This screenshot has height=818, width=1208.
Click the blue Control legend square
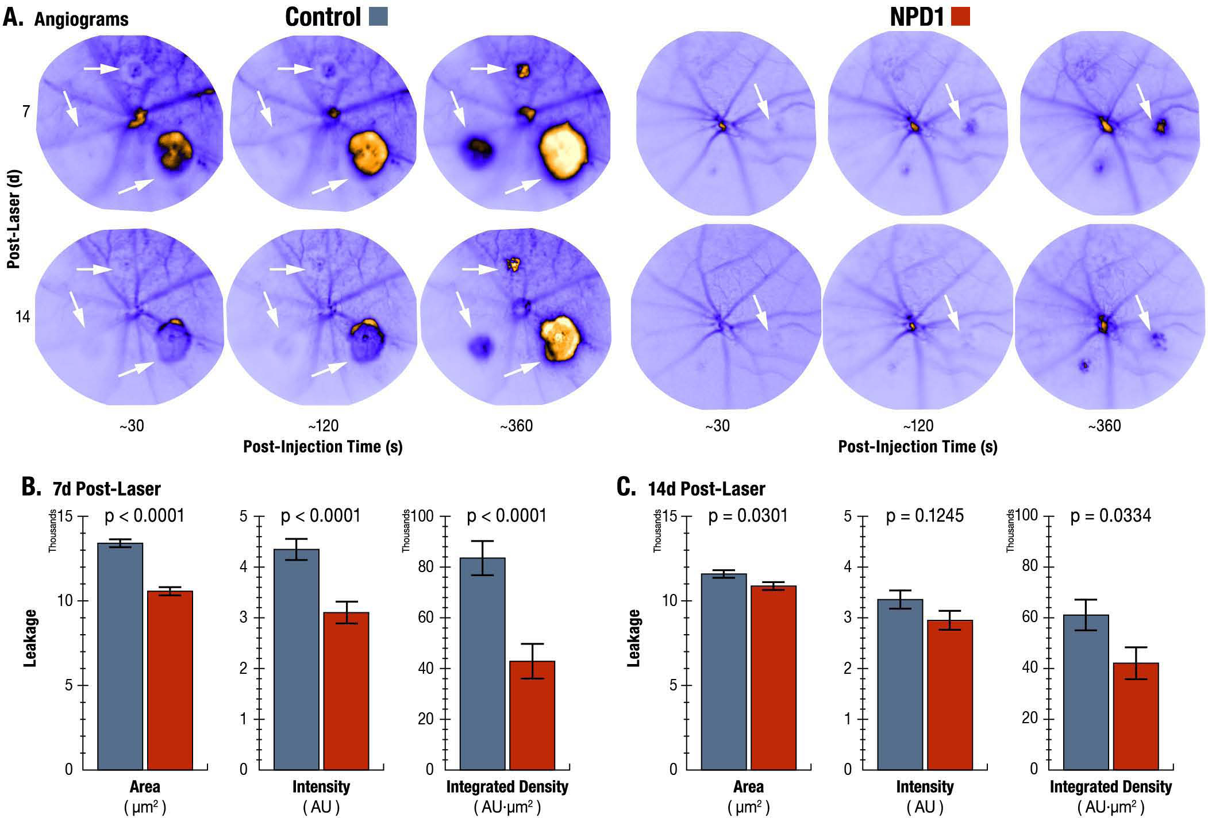coord(378,17)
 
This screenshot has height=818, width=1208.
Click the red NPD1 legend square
coord(960,17)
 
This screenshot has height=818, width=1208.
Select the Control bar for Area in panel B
coord(120,655)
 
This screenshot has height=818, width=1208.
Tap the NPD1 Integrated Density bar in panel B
coord(532,715)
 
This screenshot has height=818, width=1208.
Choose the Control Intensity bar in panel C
coord(901,684)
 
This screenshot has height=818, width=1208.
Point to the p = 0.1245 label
coord(925,516)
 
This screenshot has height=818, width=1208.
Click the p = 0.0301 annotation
coord(748,516)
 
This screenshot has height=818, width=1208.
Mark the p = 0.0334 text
coord(1110,516)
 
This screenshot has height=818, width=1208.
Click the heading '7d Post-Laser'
coord(106,489)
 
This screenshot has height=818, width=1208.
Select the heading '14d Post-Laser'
coord(706,489)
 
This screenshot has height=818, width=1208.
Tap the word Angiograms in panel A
coord(81,20)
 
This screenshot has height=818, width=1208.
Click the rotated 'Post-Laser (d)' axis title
coord(14,219)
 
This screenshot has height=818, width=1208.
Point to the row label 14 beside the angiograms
coord(22,317)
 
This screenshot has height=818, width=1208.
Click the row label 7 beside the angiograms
coord(26,111)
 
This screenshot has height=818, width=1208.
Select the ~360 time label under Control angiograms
coord(516,426)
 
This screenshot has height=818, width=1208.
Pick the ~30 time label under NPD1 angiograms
coord(717,426)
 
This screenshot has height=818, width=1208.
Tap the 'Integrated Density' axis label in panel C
coord(1110,786)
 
